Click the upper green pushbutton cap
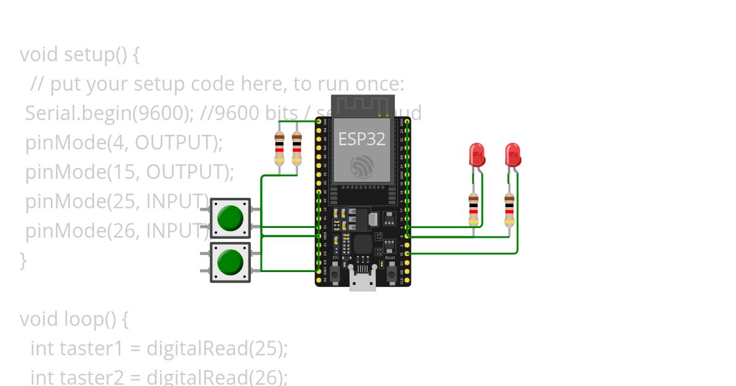click(231, 218)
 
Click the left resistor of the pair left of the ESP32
click(280, 148)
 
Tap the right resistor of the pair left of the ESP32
click(297, 148)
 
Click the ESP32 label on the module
click(362, 139)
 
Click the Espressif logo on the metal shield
click(362, 167)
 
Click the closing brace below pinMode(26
click(23, 260)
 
